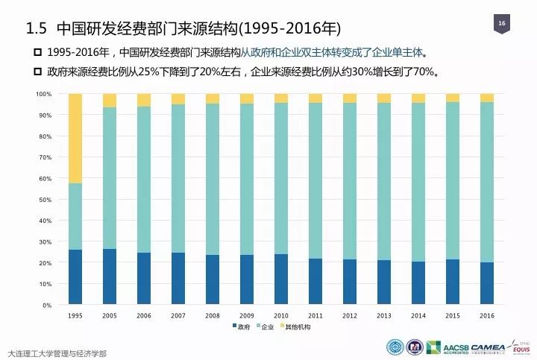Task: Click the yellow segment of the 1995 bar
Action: [75, 138]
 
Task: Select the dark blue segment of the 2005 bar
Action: [110, 277]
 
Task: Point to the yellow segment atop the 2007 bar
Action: [178, 99]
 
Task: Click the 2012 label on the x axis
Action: [350, 316]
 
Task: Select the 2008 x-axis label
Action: [213, 316]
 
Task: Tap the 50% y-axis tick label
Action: [44, 200]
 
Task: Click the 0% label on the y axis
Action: [46, 306]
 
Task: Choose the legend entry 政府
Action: [242, 326]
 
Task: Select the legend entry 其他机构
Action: [296, 326]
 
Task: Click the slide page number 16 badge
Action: [501, 25]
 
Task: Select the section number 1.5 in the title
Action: [37, 28]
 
